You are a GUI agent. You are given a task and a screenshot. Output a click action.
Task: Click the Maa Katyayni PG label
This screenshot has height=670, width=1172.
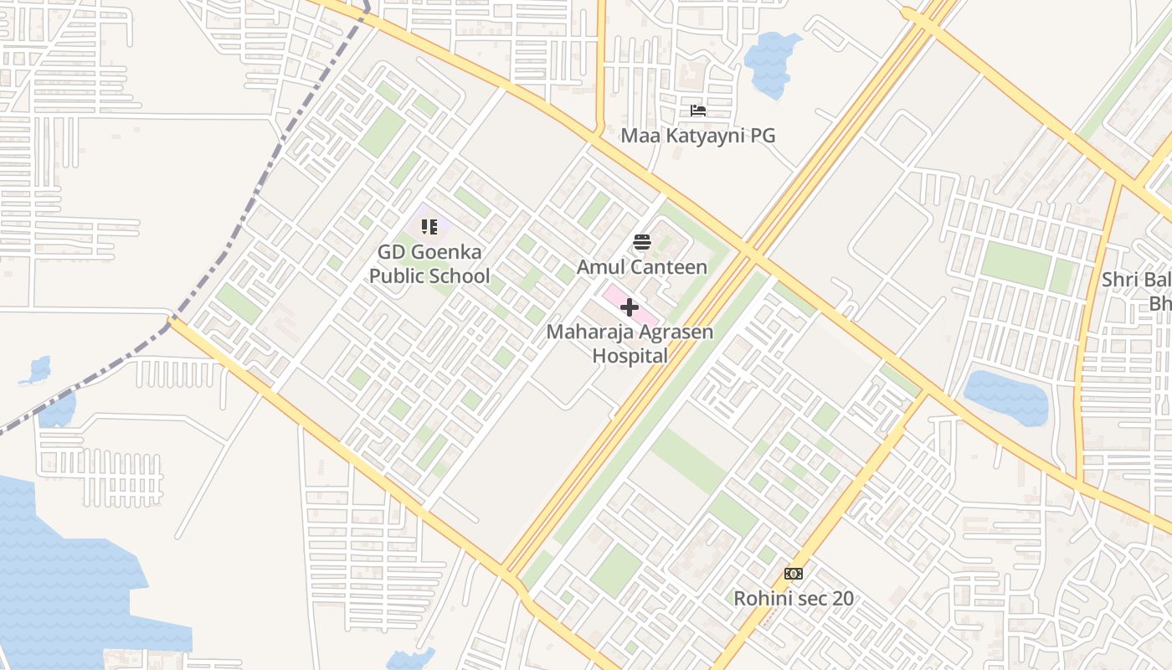pyautogui.click(x=697, y=135)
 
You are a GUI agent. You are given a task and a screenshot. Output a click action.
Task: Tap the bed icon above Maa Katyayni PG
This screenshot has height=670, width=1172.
pyautogui.click(x=697, y=111)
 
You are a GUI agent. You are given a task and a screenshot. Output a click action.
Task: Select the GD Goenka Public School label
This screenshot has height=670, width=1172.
pyautogui.click(x=429, y=264)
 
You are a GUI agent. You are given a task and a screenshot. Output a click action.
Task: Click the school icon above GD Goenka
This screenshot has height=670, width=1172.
pyautogui.click(x=429, y=227)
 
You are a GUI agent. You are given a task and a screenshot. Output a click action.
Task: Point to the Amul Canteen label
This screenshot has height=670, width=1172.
pyautogui.click(x=642, y=267)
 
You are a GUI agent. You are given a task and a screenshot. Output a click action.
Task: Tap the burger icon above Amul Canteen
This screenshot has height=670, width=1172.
pyautogui.click(x=642, y=243)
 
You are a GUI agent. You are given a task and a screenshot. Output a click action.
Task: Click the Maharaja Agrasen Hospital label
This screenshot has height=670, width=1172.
pyautogui.click(x=630, y=343)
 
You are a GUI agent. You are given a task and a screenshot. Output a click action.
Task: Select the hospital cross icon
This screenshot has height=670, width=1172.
pyautogui.click(x=630, y=307)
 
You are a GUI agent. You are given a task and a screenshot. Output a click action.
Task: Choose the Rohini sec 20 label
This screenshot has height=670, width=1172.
pyautogui.click(x=794, y=598)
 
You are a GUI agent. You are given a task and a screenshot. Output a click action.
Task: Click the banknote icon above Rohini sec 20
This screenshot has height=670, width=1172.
pyautogui.click(x=794, y=574)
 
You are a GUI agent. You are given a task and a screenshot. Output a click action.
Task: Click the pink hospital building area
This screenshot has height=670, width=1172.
pyautogui.click(x=645, y=313)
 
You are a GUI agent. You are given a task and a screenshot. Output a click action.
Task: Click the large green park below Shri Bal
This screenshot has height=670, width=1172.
pyautogui.click(x=1015, y=265)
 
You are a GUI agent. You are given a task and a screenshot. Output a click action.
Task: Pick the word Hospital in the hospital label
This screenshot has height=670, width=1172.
pyautogui.click(x=630, y=356)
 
